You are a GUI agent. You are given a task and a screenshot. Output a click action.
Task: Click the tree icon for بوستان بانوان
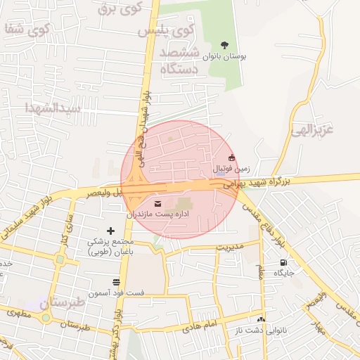224,45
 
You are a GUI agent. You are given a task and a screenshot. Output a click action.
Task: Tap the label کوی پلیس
172,31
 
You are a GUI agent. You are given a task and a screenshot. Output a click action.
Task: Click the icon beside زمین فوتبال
232,157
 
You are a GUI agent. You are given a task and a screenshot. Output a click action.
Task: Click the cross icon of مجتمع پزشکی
110,230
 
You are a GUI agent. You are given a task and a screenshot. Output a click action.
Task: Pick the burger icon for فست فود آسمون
115,282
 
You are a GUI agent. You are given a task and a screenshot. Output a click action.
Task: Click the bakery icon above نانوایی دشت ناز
261,319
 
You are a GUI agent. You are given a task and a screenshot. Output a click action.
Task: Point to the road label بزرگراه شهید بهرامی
257,182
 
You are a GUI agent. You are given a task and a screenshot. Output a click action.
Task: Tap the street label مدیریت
229,247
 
